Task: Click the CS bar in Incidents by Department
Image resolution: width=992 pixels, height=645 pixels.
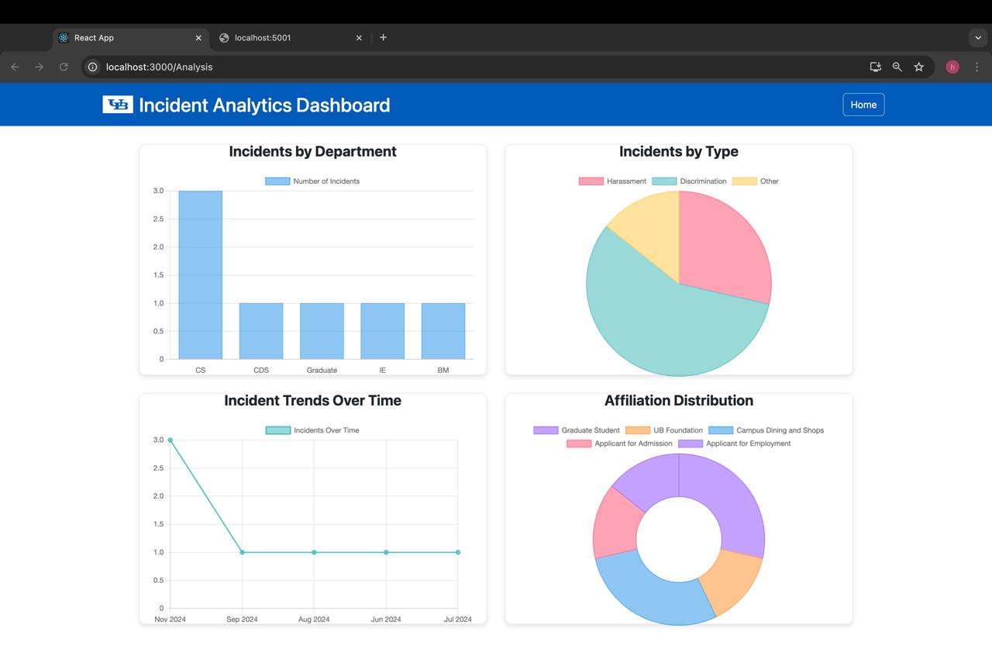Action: [x=200, y=275]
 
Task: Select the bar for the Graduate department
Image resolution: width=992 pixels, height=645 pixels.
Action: [x=322, y=331]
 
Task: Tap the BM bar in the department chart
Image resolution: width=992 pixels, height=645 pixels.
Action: [x=443, y=331]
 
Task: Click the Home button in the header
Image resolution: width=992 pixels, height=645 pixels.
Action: [x=863, y=105]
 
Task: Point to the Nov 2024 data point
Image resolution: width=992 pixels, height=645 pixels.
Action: [x=170, y=440]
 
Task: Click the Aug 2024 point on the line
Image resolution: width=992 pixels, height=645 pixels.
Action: [x=314, y=553]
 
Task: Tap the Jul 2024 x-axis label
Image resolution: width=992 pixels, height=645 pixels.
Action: [x=457, y=619]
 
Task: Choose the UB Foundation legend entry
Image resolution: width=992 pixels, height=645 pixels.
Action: [x=664, y=430]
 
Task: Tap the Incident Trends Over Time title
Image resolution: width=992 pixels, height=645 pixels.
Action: [x=312, y=401]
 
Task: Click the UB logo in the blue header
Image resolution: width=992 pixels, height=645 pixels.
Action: [x=118, y=105]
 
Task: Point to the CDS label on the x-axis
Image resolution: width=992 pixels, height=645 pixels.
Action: [x=261, y=371]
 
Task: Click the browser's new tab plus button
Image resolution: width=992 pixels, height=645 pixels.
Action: [x=383, y=37]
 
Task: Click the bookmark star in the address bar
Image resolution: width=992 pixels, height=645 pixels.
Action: [x=919, y=67]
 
